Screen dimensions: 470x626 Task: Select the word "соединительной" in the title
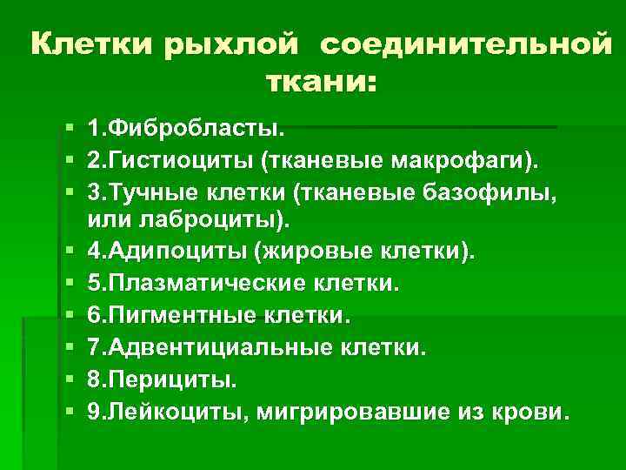coord(466,44)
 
